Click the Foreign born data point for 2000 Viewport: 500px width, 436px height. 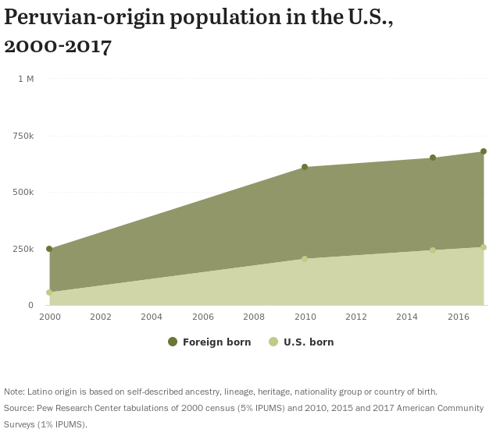(x=49, y=250)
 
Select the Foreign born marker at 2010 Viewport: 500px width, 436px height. (x=305, y=167)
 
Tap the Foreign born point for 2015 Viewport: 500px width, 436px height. (x=433, y=158)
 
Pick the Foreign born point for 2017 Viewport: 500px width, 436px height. (x=484, y=151)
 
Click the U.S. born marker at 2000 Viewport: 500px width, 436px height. (x=49, y=292)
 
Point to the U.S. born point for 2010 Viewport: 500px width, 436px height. (x=305, y=259)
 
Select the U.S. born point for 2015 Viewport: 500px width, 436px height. (x=433, y=250)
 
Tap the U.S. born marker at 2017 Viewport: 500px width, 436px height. (x=484, y=247)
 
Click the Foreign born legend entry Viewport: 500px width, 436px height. (x=209, y=342)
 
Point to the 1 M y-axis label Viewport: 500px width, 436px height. (x=26, y=79)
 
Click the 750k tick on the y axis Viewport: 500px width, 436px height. (x=23, y=136)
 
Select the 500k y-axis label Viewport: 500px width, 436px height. (x=23, y=192)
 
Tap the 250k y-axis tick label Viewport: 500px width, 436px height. (x=23, y=249)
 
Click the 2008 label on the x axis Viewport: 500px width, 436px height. (x=254, y=317)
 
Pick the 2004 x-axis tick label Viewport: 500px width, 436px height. (x=152, y=317)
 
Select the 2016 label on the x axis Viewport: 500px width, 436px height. (x=458, y=317)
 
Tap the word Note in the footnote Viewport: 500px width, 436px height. (x=13, y=392)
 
